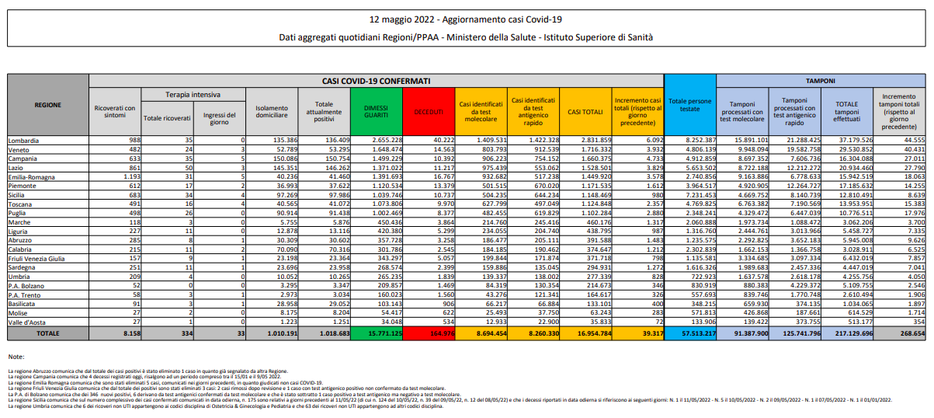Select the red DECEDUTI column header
tap(429, 112)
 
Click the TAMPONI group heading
tap(820, 80)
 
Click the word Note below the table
tap(16, 357)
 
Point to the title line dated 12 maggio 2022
tap(466, 17)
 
